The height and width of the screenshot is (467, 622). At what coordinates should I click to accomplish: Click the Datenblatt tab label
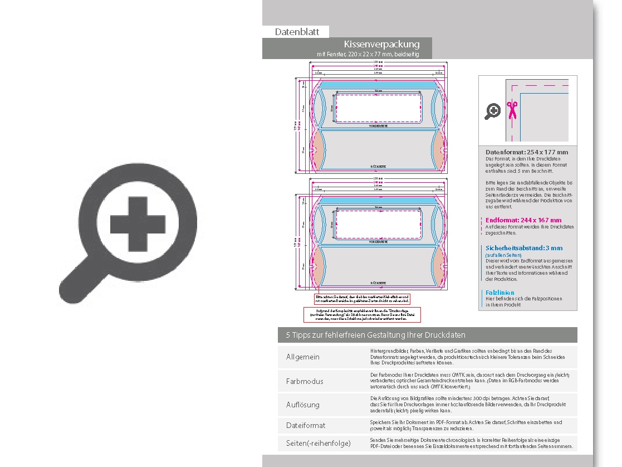(x=297, y=32)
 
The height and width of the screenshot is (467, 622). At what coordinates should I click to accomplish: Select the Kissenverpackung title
(x=381, y=44)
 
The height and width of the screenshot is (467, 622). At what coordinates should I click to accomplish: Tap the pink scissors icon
(x=511, y=110)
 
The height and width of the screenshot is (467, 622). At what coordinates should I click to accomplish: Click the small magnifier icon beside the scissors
(x=493, y=111)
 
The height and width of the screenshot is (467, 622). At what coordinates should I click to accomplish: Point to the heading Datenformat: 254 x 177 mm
(x=527, y=152)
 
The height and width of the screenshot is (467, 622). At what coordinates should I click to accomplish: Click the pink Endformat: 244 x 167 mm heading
(x=523, y=220)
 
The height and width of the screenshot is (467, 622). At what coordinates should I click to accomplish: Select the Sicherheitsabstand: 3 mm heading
(x=524, y=248)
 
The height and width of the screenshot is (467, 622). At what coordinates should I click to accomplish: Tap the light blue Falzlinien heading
(x=499, y=293)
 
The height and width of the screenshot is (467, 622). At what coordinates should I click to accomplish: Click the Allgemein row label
(x=303, y=357)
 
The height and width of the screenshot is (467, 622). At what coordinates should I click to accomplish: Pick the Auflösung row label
(x=303, y=405)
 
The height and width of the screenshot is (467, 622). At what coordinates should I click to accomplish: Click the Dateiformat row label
(x=306, y=425)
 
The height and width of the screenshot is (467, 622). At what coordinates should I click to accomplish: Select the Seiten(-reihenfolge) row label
(x=319, y=443)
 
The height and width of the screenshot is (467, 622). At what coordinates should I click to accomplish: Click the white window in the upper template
(x=378, y=108)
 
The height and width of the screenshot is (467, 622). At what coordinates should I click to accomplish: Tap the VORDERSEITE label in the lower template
(x=379, y=242)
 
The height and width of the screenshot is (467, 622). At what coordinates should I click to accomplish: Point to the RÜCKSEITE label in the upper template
(x=379, y=167)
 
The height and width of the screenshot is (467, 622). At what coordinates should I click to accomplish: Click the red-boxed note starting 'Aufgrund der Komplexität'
(x=362, y=314)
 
